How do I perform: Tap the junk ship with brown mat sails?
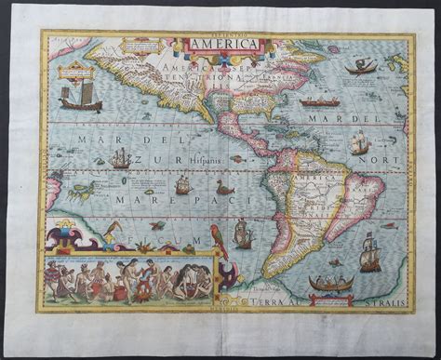80,98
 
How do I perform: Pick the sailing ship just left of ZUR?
119,159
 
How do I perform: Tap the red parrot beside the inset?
220,241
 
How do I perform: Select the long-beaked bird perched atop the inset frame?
114,227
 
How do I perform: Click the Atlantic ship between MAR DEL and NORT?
360,142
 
